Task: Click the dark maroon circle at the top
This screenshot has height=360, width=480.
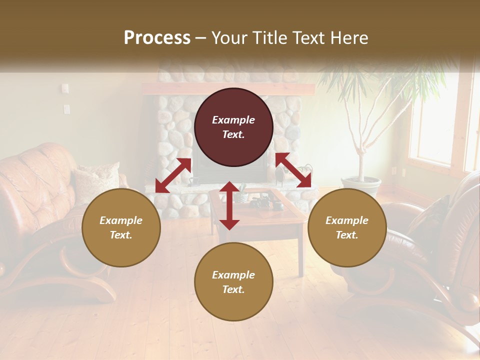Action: tap(233, 127)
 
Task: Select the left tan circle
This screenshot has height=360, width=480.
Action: tap(121, 227)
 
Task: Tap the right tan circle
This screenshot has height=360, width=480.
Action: tap(347, 227)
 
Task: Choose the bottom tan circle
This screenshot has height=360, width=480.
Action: tap(233, 282)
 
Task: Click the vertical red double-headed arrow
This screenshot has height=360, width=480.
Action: tap(229, 205)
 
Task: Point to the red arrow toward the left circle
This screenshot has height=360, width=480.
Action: tap(173, 175)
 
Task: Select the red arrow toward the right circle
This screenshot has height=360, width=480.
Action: tap(293, 170)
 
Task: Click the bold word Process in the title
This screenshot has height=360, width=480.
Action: tap(157, 37)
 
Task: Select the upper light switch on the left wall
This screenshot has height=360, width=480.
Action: tap(65, 88)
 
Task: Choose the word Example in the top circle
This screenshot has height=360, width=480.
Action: tap(233, 120)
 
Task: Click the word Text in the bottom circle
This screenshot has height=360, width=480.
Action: tap(233, 289)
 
